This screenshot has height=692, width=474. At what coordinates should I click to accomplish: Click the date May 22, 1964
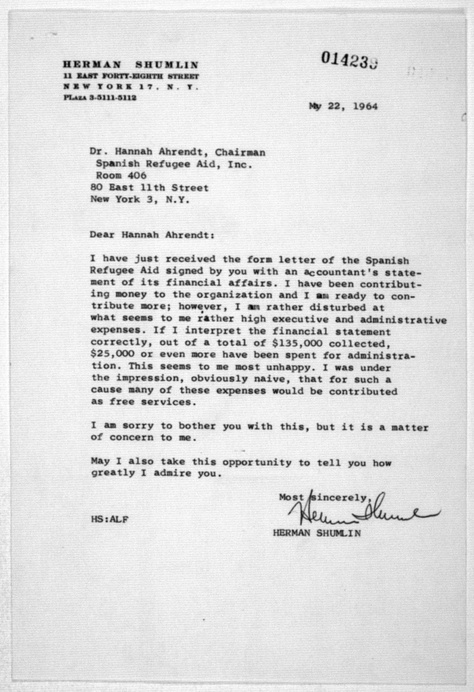click(343, 106)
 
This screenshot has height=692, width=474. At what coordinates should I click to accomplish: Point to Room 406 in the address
click(121, 176)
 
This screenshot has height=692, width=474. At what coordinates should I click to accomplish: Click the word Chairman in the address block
click(240, 152)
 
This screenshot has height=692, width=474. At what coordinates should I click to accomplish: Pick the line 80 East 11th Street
click(149, 188)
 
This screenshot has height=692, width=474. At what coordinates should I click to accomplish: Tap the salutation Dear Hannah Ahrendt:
click(152, 235)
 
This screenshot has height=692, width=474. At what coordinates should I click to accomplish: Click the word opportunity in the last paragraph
click(257, 462)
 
